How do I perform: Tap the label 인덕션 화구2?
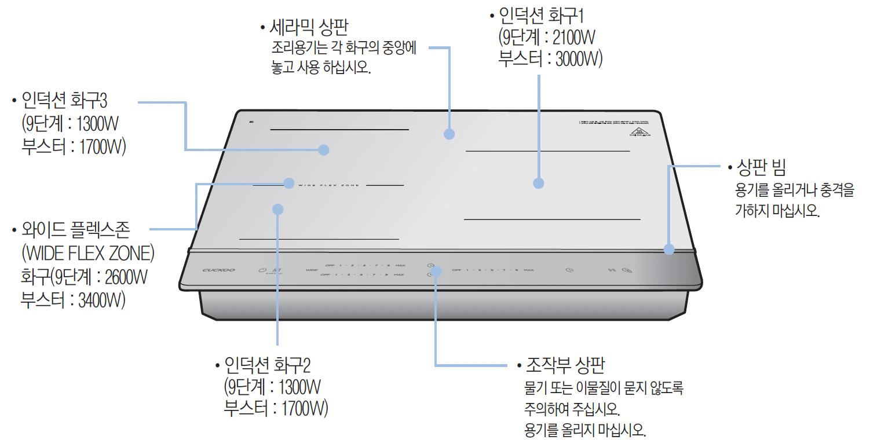pos(267,366)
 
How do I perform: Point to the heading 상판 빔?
pos(761,169)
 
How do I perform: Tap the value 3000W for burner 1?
pos(579,60)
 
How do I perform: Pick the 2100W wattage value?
pos(573,38)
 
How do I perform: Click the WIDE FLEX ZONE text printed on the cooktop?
pos(328,185)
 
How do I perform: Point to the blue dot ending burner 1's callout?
pos(539,183)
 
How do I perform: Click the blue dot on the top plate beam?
pos(669,250)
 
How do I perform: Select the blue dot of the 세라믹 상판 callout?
pos(449,134)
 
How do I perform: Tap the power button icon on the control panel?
pos(262,269)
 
